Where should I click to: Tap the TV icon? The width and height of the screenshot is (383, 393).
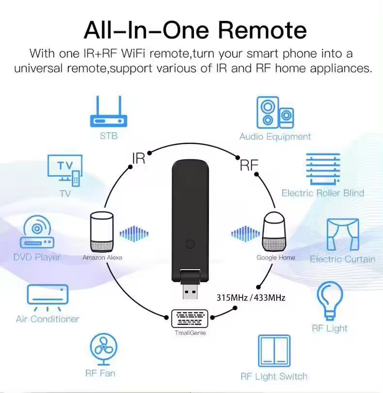65,170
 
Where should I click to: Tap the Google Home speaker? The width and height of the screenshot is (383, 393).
275,231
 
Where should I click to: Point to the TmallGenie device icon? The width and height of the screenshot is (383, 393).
190,319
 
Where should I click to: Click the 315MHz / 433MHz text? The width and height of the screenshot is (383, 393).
251,297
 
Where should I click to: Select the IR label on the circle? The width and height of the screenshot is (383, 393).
139,158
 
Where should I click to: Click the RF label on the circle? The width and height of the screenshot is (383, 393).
249,166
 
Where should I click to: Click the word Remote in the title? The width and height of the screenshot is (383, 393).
262,30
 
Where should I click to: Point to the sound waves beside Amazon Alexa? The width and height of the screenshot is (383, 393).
134,234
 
